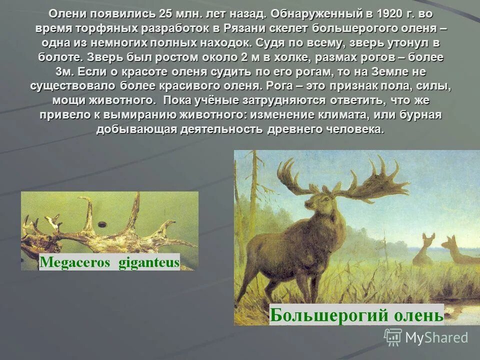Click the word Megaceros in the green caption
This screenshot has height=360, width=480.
(75, 262)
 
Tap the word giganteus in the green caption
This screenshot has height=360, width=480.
(148, 262)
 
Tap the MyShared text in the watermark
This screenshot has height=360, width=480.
(436, 337)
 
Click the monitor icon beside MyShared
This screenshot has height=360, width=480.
(393, 337)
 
